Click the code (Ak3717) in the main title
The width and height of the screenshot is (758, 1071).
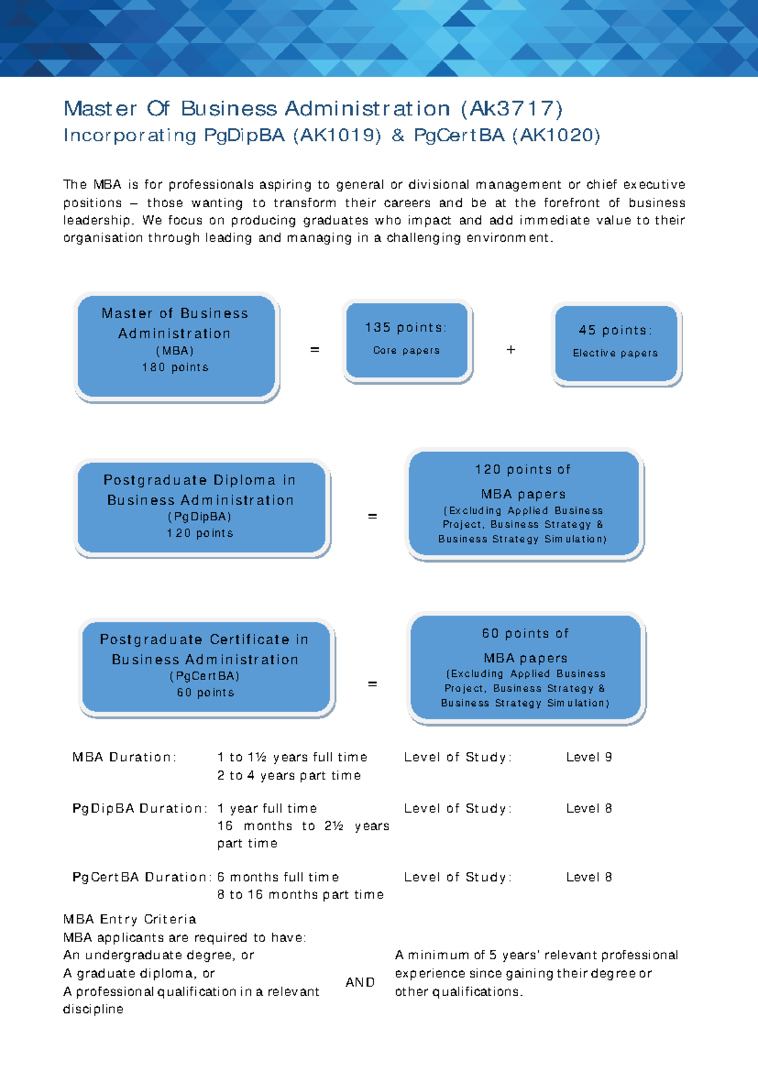coord(512,109)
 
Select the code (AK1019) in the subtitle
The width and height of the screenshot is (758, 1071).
coord(337,136)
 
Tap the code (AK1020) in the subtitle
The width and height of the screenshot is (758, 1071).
coord(556,136)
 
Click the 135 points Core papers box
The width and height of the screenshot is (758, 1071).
coord(407,340)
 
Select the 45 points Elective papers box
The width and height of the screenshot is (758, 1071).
coord(616,343)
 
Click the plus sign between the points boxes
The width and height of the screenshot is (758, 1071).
coord(511,349)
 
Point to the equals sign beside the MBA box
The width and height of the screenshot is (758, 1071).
coord(315,349)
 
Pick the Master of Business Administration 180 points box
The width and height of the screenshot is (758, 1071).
coord(176,346)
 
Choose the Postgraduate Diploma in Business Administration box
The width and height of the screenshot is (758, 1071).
coord(201,507)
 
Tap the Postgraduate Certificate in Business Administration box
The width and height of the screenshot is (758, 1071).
coord(205,667)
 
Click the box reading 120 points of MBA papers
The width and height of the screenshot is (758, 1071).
coord(523,504)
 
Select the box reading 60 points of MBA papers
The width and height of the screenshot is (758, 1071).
coord(526,667)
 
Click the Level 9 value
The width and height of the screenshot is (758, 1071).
coord(589,757)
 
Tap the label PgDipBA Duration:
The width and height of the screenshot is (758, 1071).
coord(140,808)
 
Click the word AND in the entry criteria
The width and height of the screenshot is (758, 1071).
coord(360,983)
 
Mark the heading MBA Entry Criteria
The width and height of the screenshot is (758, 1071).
coord(129,919)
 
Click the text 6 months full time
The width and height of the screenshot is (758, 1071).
coord(278,877)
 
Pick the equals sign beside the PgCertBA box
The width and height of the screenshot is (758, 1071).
coord(373,684)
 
